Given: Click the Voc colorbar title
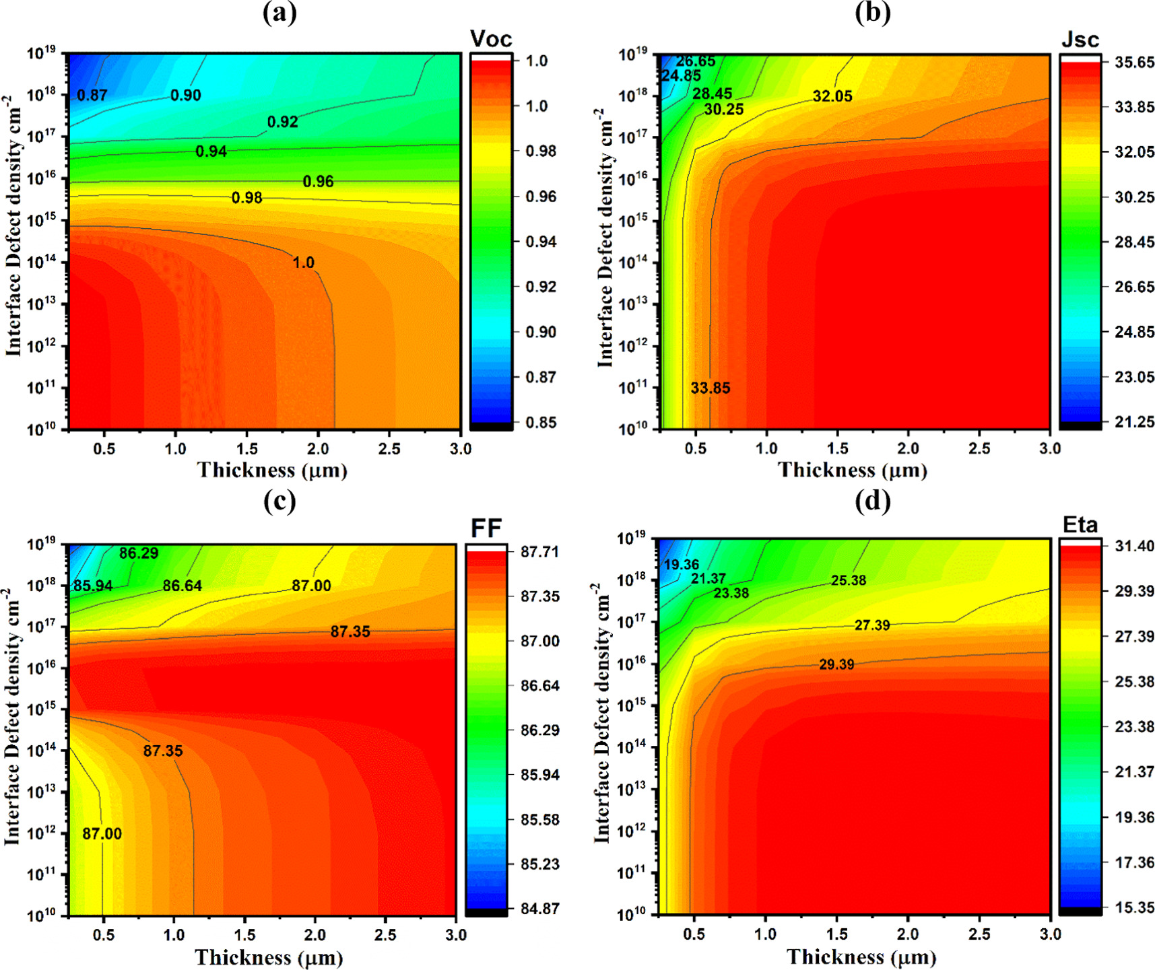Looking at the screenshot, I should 491,38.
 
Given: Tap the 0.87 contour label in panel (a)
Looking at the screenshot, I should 92,96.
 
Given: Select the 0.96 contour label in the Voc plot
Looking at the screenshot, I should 318,182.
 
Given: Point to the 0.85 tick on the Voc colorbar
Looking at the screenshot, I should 541,423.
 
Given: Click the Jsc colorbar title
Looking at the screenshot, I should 1080,40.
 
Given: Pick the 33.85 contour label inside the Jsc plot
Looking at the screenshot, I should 711,388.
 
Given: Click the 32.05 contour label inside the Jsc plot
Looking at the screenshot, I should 832,96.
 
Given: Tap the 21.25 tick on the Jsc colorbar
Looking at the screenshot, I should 1135,422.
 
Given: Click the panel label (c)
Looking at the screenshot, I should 279,501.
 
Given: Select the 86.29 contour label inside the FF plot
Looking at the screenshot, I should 139,553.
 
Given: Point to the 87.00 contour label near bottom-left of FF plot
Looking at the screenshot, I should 102,834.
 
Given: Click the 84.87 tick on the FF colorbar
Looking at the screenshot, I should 540,909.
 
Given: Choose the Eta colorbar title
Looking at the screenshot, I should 1080,524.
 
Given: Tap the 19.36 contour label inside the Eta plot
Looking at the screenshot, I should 682,565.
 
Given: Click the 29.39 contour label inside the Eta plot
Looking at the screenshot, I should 836,665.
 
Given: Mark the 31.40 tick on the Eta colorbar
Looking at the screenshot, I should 1135,546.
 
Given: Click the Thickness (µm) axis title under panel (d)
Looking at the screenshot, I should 862,957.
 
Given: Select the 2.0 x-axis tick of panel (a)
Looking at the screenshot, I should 318,449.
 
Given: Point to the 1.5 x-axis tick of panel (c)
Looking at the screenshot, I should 244,935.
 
